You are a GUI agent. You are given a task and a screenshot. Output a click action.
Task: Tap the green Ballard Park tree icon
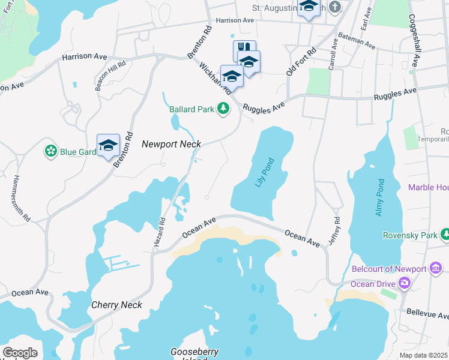223,109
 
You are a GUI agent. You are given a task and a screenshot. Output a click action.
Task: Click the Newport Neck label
171,144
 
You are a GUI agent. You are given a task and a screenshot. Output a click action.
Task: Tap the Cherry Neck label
116,305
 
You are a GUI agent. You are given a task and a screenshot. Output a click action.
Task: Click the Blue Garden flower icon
50,151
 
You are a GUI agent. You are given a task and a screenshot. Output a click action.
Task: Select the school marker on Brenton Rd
109,145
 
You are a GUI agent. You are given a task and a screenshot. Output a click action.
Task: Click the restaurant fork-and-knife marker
244,49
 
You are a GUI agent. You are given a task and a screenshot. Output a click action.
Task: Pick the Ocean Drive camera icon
406,283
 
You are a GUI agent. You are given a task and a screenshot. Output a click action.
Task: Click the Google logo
20,353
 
